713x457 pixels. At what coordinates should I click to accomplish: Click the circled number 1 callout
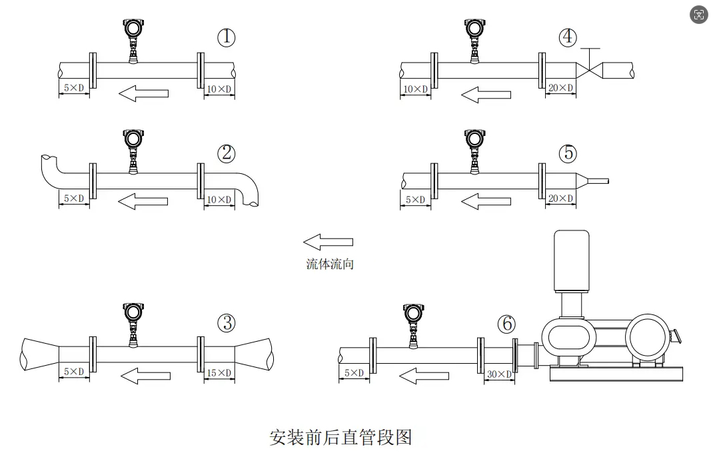[227, 37]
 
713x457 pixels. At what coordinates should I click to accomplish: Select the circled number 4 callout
[568, 37]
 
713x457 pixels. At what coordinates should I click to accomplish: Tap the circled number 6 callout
[507, 324]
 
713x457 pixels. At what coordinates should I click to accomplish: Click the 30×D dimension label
[499, 374]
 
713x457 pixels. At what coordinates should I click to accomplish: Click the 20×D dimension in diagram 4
[561, 88]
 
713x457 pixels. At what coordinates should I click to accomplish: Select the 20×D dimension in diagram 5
[561, 199]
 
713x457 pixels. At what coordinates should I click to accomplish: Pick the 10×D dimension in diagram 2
[219, 199]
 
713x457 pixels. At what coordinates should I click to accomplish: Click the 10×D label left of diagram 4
[415, 88]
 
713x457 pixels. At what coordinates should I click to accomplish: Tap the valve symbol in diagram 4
[590, 68]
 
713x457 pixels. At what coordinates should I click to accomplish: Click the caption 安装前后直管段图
[341, 437]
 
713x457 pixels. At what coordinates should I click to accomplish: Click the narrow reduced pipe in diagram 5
[598, 180]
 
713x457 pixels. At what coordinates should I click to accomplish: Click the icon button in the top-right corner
[699, 15]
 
